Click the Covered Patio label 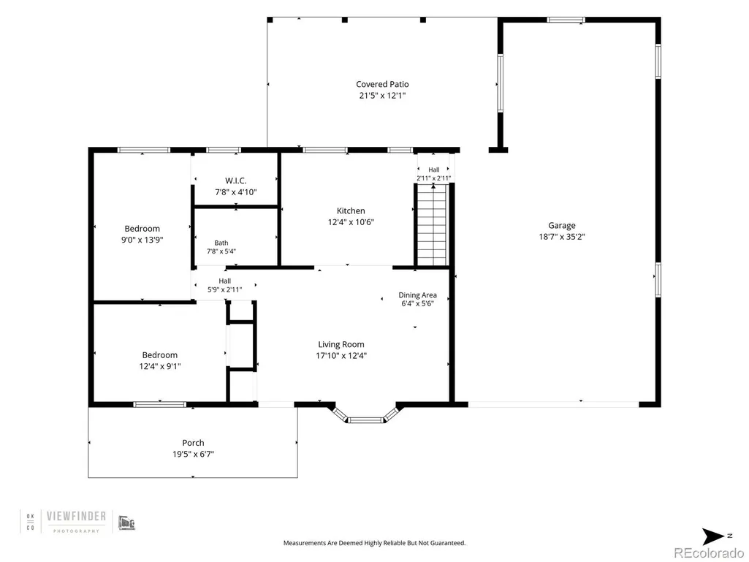[382, 84]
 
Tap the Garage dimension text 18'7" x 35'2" [562, 237]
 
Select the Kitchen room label [351, 210]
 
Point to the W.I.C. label [236, 181]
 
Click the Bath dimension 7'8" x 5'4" [221, 251]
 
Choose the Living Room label [341, 344]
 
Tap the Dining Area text [417, 295]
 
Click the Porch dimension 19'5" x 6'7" [193, 454]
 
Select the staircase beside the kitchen [433, 225]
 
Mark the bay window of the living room [365, 417]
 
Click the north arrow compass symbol [713, 536]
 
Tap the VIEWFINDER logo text [77, 516]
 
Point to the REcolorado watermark [708, 553]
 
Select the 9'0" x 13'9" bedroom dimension [142, 240]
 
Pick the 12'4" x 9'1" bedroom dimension [159, 367]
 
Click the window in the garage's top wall [566, 20]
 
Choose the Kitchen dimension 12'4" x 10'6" [351, 222]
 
